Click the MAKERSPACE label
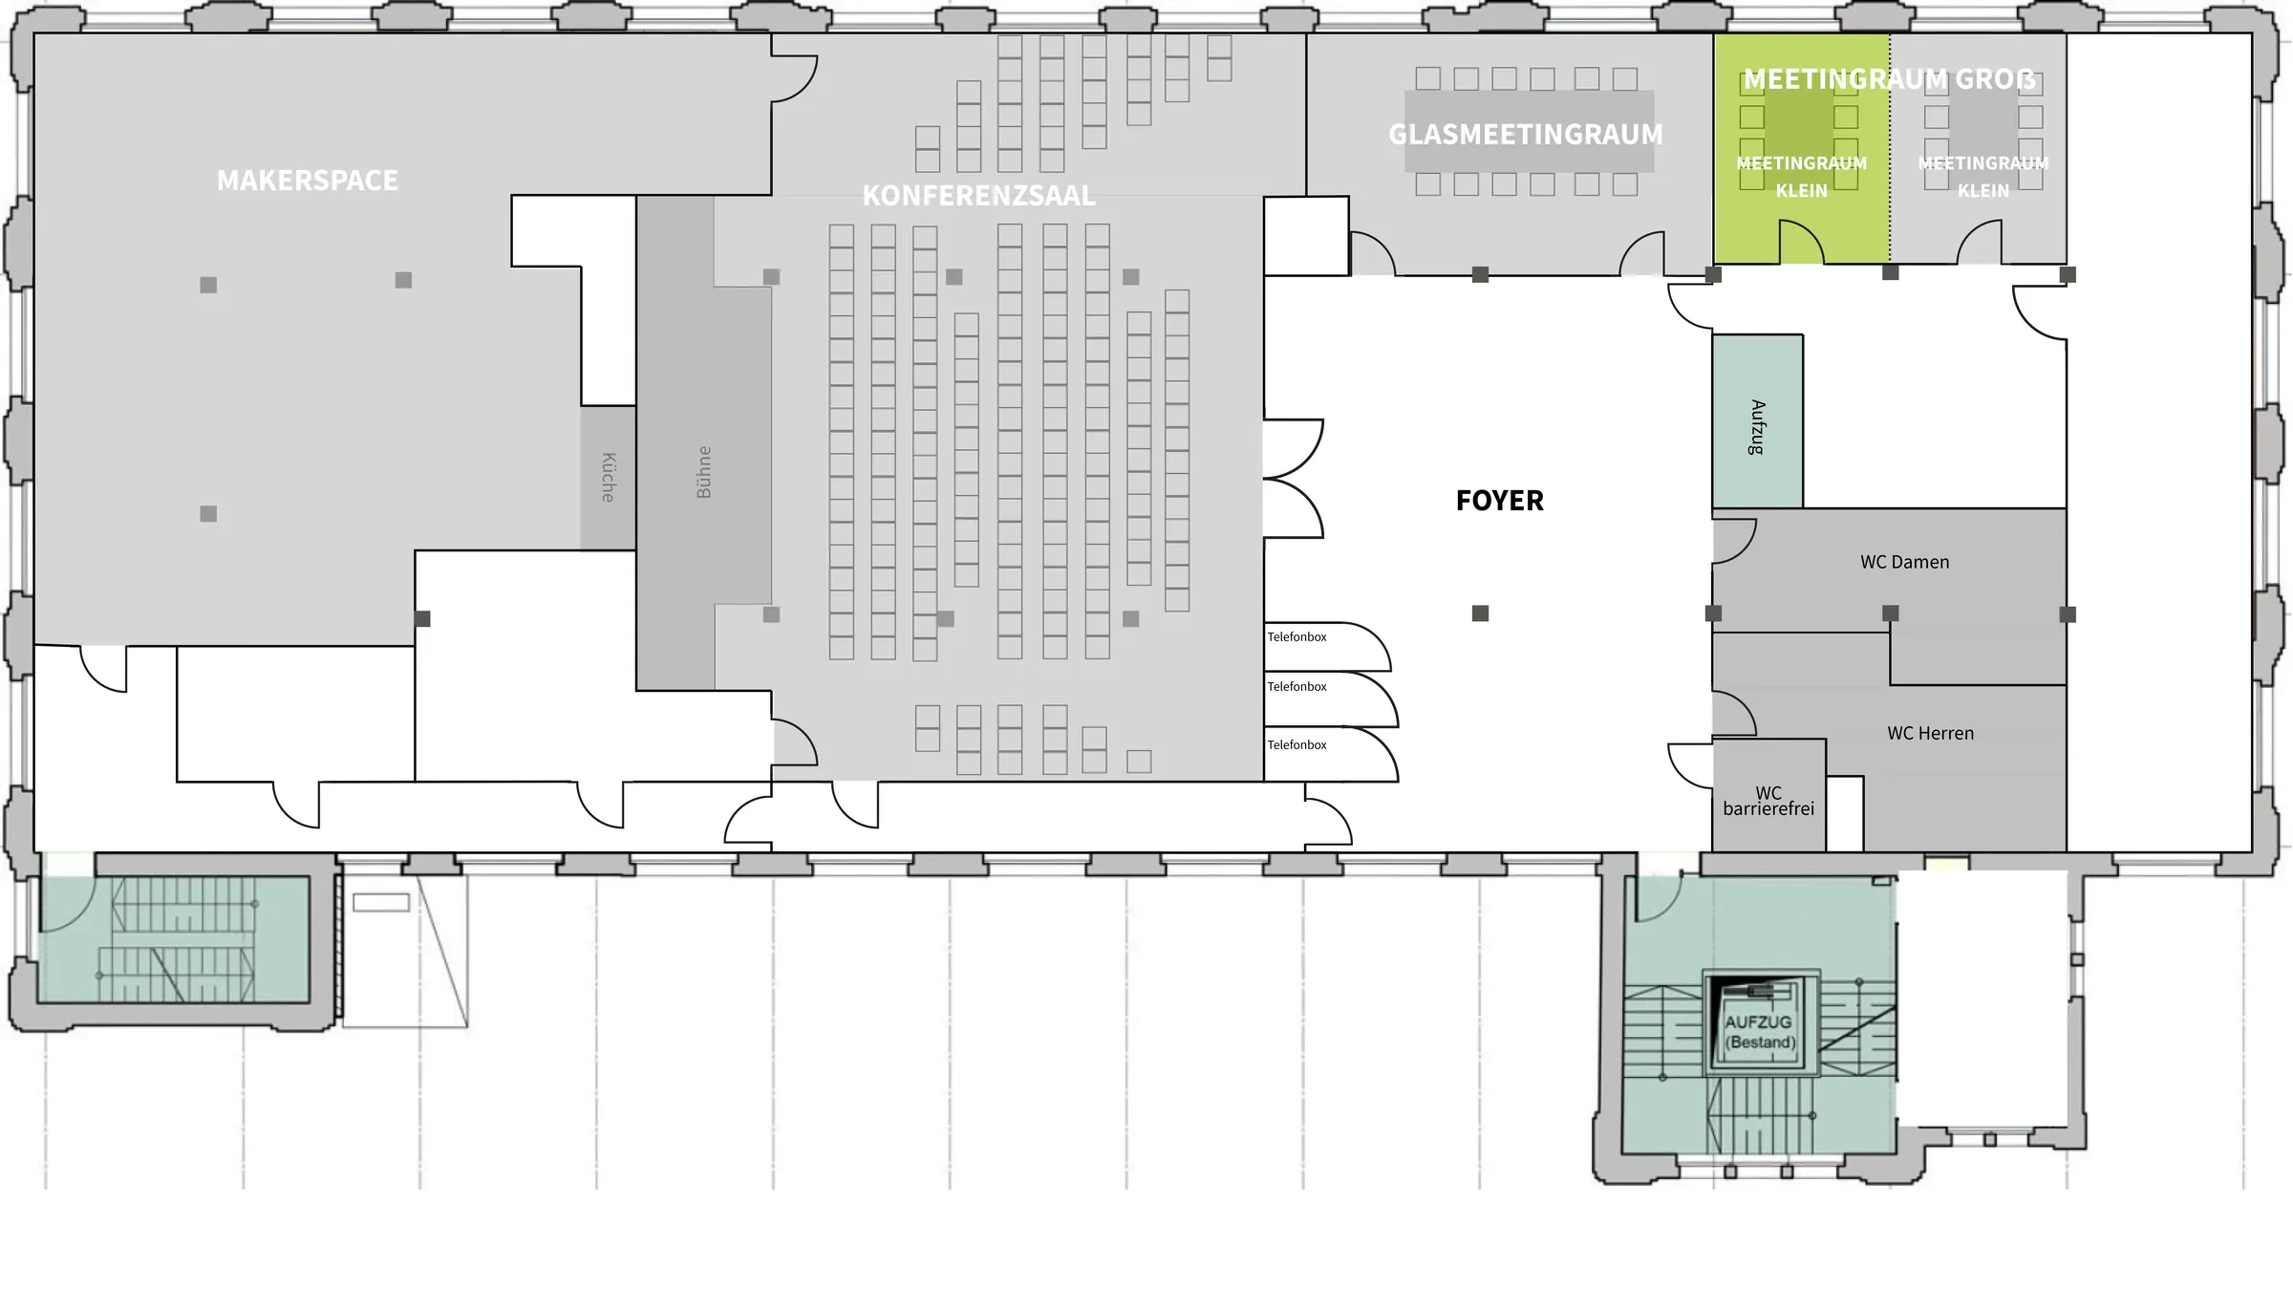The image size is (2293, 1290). (x=308, y=181)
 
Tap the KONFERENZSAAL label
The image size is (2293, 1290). (x=978, y=196)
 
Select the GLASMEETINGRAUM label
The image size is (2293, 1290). (x=1526, y=135)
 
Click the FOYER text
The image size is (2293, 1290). (x=1499, y=501)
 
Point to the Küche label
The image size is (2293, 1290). (x=609, y=477)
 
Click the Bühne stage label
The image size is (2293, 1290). (x=704, y=472)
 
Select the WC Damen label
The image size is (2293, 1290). (x=1904, y=562)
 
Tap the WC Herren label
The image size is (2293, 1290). (x=1930, y=733)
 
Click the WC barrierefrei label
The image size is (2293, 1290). (x=1768, y=801)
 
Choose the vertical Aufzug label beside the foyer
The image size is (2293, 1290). (x=1757, y=427)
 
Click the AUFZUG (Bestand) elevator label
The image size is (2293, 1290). (x=1759, y=1032)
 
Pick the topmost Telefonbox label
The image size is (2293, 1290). (x=1297, y=637)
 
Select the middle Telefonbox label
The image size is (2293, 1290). (x=1297, y=687)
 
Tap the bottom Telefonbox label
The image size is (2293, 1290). (x=1297, y=745)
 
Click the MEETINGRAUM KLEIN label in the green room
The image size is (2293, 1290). (x=1801, y=177)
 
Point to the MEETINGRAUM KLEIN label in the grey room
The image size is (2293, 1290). (x=1983, y=177)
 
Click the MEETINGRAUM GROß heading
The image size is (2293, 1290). (x=1889, y=79)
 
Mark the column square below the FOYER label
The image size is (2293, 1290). (x=1480, y=613)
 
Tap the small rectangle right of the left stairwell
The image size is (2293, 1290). (x=381, y=902)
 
